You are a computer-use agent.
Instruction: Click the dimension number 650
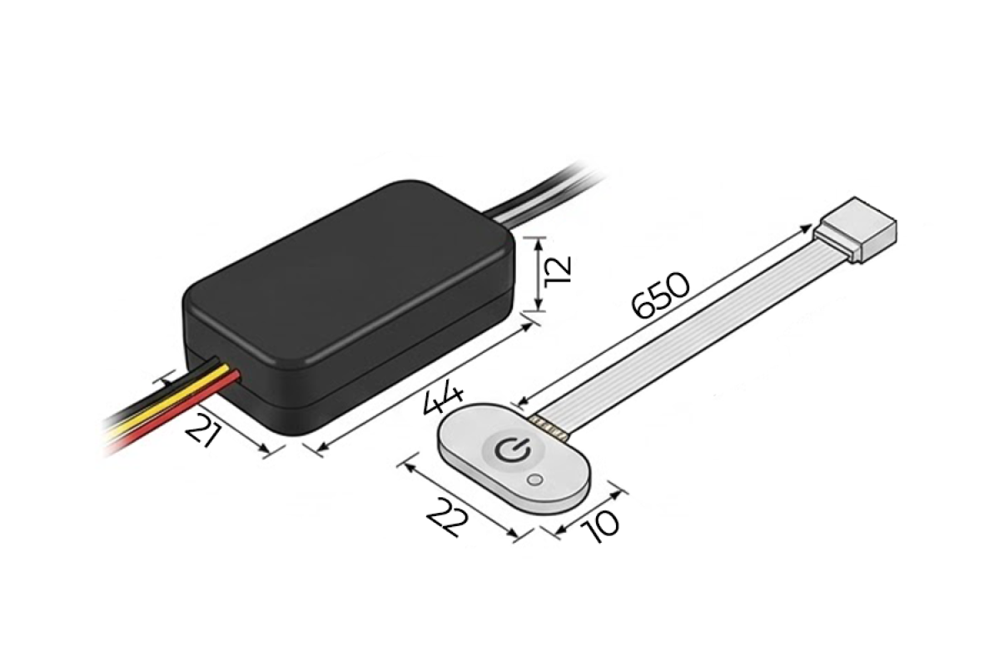(x=660, y=296)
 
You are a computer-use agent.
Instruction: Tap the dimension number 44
(x=442, y=401)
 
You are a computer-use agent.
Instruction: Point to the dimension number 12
(x=558, y=269)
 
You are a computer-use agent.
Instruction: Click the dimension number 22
(x=448, y=518)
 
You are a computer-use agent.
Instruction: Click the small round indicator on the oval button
(x=534, y=480)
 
